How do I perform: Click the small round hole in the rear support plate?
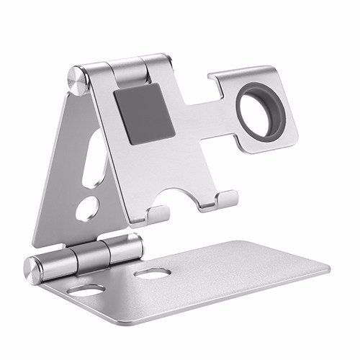click(87, 208)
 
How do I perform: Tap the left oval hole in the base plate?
click(87, 290)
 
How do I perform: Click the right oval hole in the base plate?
click(152, 274)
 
